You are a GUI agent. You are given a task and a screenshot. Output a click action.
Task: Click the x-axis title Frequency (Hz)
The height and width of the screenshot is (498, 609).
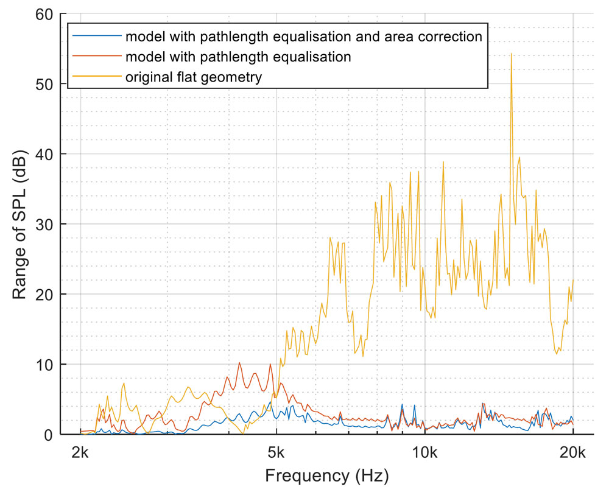pyautogui.click(x=326, y=475)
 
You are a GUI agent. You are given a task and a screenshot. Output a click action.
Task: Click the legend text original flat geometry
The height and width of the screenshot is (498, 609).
pyautogui.click(x=194, y=77)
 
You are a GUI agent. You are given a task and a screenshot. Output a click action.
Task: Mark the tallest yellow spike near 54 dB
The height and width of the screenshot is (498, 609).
pyautogui.click(x=511, y=54)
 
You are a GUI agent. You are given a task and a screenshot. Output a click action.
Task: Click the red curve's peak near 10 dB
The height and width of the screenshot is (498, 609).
pyautogui.click(x=239, y=363)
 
